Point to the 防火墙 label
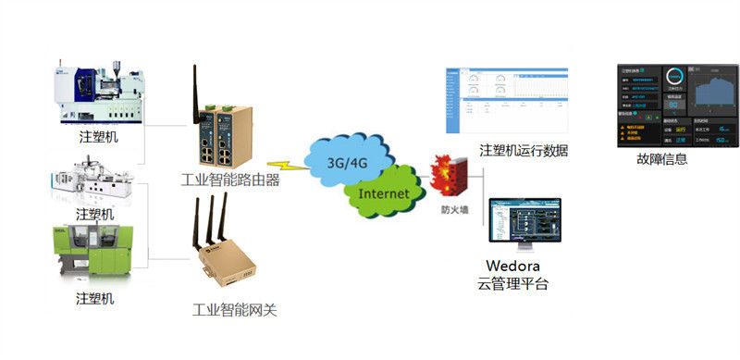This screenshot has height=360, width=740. [x=453, y=211]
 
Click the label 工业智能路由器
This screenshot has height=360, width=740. [x=231, y=180]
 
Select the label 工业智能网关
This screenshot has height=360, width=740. [x=234, y=310]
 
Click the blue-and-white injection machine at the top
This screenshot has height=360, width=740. [x=102, y=91]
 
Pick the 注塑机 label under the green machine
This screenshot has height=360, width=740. [x=96, y=298]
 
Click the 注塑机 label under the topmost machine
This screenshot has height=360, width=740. [x=99, y=137]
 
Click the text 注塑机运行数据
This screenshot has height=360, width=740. [x=524, y=151]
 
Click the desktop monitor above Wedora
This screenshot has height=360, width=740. [x=525, y=222]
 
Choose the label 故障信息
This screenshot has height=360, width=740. [x=662, y=159]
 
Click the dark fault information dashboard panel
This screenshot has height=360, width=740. [x=676, y=105]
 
